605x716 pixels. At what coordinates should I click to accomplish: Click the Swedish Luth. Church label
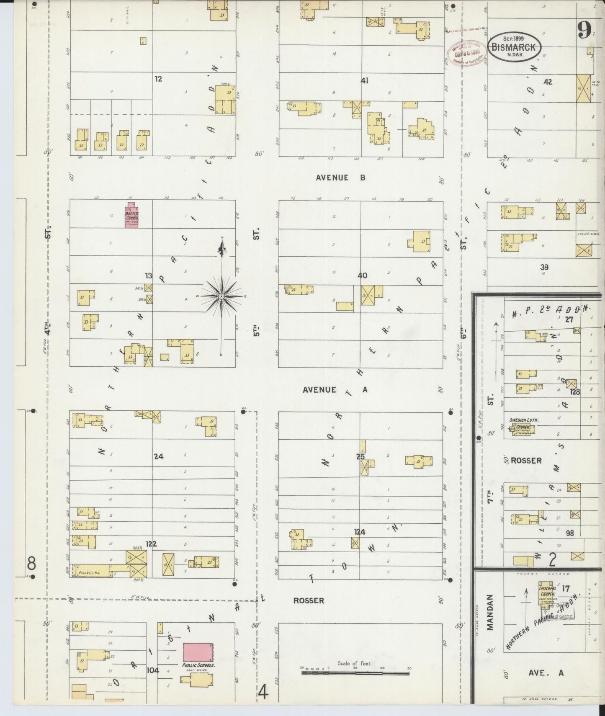523,423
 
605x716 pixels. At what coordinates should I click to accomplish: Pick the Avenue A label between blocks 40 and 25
335,390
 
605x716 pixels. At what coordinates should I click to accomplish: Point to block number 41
364,81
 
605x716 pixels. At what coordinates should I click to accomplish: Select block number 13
149,276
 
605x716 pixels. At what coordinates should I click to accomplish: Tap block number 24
158,456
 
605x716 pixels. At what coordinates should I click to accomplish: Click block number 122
151,544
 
